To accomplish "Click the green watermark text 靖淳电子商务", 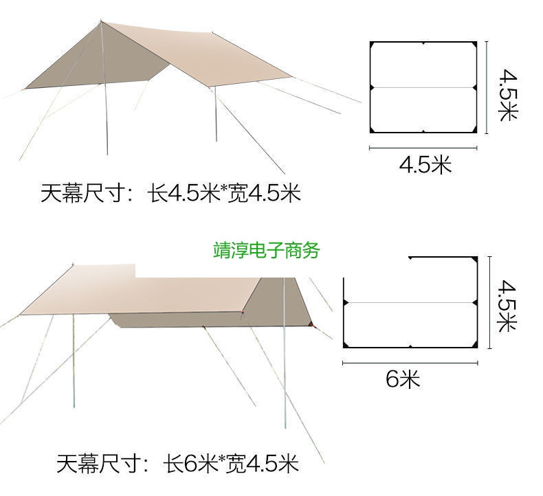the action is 267,250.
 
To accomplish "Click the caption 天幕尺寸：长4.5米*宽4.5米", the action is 170,194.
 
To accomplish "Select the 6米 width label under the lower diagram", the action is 402,379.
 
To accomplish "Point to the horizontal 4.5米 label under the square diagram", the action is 425,165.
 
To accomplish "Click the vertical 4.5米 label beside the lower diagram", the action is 508,304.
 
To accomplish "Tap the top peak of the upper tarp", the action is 102,21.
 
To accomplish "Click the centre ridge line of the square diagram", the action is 423,88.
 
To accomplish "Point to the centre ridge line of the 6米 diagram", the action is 410,302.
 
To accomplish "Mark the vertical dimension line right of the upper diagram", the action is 487,88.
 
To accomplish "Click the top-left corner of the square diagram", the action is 372,43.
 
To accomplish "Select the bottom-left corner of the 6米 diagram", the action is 344,346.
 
